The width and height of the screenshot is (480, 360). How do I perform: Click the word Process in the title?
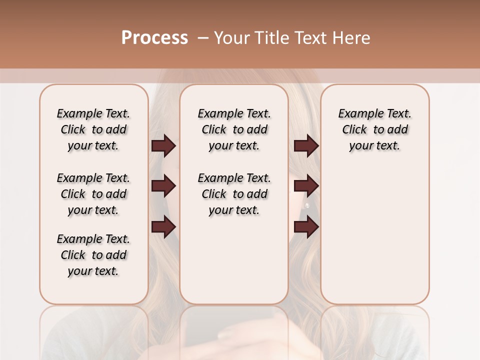[x=154, y=38]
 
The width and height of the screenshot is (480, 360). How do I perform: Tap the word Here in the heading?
[x=351, y=38]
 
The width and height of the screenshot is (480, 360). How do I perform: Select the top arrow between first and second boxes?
[x=163, y=146]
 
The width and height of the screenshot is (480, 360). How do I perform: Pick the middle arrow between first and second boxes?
[x=163, y=186]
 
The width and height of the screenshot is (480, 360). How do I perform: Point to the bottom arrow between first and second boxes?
[x=163, y=227]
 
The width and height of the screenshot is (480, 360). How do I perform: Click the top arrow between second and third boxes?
[x=306, y=146]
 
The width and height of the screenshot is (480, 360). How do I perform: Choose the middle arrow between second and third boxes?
[x=306, y=186]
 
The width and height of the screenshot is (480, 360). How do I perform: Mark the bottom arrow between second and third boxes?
[x=306, y=227]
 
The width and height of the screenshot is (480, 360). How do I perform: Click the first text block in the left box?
[x=93, y=129]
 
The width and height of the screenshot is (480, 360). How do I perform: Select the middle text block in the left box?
[x=93, y=194]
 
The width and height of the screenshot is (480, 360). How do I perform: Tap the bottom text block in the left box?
[x=93, y=255]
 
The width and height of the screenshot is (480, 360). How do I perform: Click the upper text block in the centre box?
[x=234, y=129]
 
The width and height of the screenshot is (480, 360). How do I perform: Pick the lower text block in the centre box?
[x=234, y=194]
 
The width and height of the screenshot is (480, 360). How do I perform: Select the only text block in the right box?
[x=374, y=129]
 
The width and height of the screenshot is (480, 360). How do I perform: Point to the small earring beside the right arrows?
[x=307, y=205]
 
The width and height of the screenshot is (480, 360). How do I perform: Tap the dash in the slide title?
[x=203, y=38]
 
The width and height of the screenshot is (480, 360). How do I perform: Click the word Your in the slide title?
[x=232, y=38]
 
